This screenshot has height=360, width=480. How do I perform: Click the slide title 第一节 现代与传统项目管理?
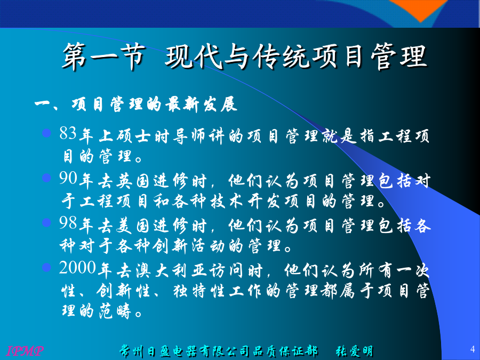click(x=245, y=56)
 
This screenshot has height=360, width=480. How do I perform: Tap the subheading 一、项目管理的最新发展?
click(x=136, y=105)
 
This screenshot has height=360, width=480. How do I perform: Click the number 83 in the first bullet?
click(x=68, y=133)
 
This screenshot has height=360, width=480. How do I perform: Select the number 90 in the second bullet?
click(x=68, y=178)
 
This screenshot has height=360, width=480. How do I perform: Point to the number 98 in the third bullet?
click(x=68, y=223)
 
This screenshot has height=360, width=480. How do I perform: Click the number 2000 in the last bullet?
click(x=78, y=268)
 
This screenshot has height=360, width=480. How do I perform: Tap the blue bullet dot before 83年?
click(x=46, y=133)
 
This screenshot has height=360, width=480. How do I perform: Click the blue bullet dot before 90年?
click(x=46, y=178)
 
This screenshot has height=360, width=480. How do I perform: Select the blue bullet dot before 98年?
click(x=46, y=222)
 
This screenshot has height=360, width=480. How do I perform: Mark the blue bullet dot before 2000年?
click(x=46, y=267)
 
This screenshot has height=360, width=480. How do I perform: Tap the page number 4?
click(x=473, y=349)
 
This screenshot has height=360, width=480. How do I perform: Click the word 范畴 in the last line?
click(x=115, y=311)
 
